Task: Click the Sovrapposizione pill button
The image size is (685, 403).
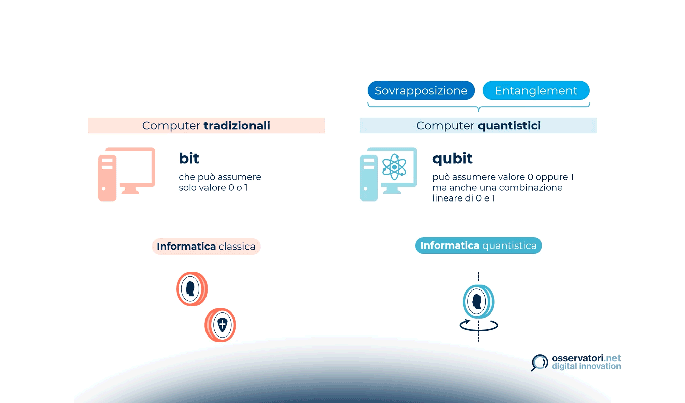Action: point(421,91)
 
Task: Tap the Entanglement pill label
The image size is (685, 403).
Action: point(536,91)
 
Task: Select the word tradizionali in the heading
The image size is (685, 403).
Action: point(237,126)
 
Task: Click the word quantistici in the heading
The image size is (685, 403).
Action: point(509,126)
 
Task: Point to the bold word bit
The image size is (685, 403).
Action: point(189,158)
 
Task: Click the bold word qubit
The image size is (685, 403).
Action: point(452,159)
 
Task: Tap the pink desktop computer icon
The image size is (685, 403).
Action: point(127,174)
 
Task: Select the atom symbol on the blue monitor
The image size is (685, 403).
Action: point(394,167)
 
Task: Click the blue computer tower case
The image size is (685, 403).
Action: point(369,178)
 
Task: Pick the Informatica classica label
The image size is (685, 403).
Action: point(206,247)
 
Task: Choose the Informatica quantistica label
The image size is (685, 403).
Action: point(478,245)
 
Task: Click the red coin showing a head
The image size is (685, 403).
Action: point(192,289)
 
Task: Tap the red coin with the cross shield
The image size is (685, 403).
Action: point(221,325)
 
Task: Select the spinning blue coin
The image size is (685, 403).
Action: point(478,301)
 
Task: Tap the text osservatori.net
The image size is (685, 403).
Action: point(586,358)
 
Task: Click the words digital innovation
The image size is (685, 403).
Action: point(586,366)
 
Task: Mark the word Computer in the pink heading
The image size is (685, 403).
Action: point(171,126)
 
